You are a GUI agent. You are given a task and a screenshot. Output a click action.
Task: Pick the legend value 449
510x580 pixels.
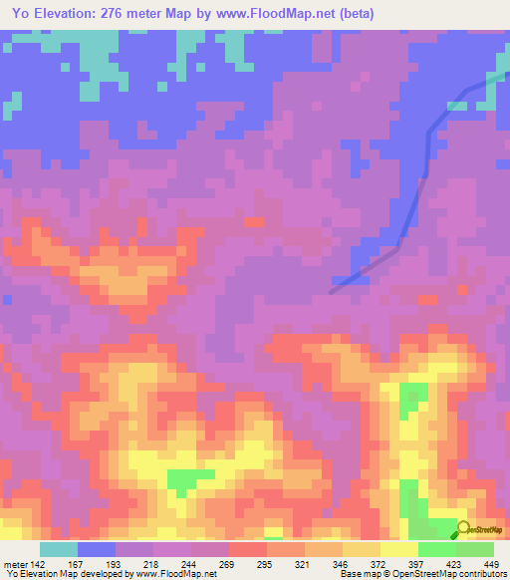point(492,564)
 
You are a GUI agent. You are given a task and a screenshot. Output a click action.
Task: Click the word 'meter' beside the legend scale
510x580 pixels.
point(15,564)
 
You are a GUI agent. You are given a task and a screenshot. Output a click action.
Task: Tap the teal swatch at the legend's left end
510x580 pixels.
point(58,549)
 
